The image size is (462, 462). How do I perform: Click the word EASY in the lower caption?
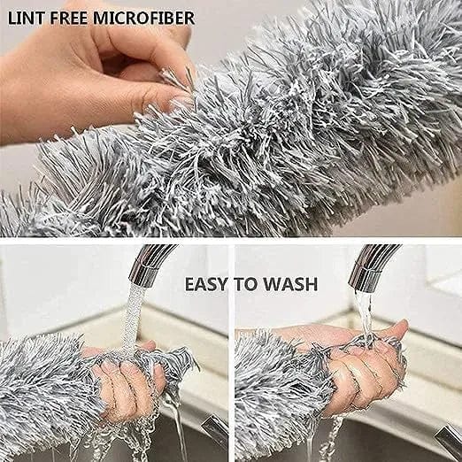(206, 284)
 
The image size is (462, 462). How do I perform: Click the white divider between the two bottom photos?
(231, 354)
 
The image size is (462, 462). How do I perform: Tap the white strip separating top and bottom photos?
(231, 240)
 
